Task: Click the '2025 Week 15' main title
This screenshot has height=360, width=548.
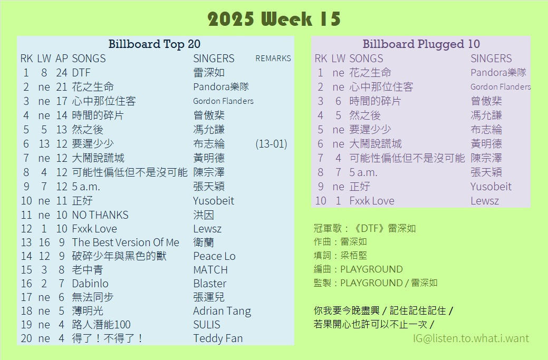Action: point(274,19)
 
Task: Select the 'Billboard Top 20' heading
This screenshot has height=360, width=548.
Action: point(154,44)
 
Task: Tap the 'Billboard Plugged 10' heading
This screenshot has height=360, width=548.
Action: point(421,44)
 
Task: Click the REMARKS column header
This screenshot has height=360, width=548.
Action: point(273,59)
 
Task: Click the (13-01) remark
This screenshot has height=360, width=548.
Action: point(271,144)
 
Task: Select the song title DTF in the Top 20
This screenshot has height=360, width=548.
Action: point(81,73)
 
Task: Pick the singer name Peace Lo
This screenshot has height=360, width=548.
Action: point(214,256)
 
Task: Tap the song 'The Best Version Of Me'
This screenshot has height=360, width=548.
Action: point(126,242)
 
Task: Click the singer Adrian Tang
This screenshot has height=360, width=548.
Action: point(222,311)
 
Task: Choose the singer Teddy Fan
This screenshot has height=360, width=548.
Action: point(218,338)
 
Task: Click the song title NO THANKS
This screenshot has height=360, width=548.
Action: point(100,215)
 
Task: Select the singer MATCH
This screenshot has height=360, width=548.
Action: point(210,270)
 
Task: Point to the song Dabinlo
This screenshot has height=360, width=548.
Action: point(90,284)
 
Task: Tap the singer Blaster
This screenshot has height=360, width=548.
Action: point(210,284)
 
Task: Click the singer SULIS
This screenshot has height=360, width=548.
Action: point(207,325)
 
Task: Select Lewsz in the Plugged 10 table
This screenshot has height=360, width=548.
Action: point(484,201)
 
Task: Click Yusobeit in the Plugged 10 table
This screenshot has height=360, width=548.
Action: point(491,187)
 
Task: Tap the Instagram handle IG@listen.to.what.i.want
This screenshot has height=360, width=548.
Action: point(471,338)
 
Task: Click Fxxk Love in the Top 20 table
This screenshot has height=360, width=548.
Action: point(94,229)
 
